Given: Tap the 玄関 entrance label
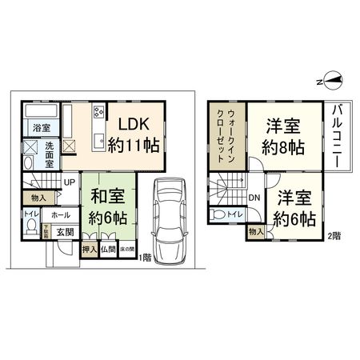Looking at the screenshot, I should (x=65, y=232).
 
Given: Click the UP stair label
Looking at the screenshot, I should (x=70, y=182).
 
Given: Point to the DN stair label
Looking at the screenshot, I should (x=253, y=198).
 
